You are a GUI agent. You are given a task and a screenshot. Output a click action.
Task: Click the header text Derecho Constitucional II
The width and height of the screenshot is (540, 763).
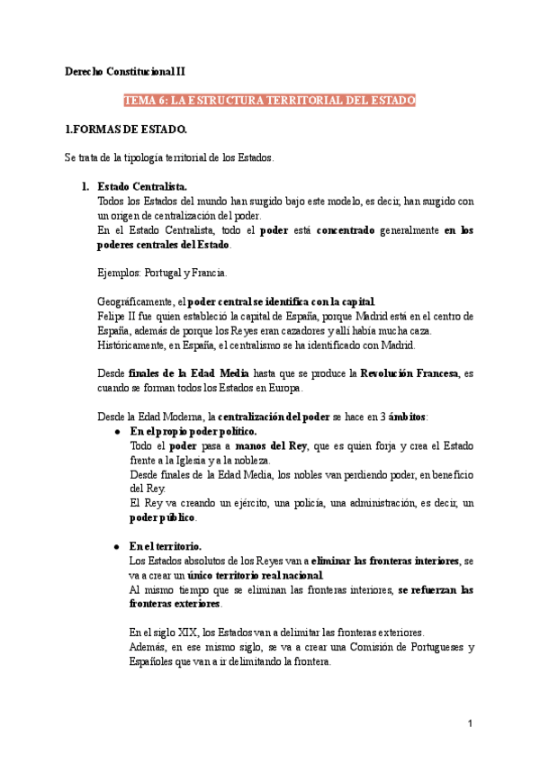[126, 70]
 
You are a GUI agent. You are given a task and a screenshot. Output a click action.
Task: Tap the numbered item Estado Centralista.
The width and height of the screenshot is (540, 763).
[141, 186]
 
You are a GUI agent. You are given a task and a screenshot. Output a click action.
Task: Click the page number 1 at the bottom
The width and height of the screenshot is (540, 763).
[470, 724]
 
